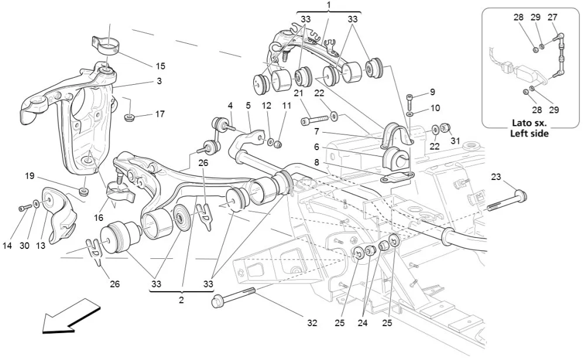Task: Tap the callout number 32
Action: point(313,322)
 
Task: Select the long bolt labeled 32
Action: point(234,297)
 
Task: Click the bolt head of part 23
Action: point(520,195)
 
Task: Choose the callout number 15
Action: point(160,66)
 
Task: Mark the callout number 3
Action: point(158,81)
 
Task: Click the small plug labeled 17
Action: point(129,119)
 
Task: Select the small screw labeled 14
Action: point(23,208)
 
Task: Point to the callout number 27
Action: point(553,18)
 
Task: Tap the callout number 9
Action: point(433,92)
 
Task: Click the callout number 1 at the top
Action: point(329,5)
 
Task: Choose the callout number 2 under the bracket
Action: point(181,300)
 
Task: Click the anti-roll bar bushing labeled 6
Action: point(395,158)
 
